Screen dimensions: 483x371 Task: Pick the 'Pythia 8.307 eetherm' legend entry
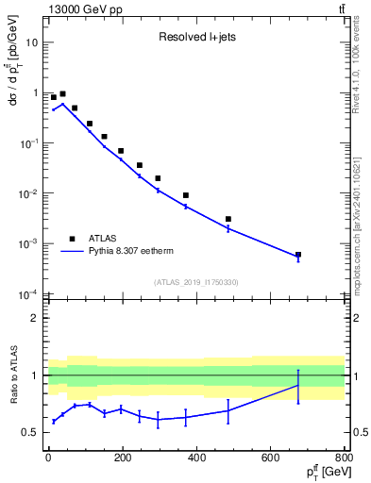point(139,252)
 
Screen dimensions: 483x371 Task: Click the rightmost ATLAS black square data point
point(298,255)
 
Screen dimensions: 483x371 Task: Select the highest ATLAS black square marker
point(62,94)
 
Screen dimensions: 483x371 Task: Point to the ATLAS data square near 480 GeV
point(228,219)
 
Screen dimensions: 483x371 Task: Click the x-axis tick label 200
point(122,459)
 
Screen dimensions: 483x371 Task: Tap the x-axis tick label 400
point(196,459)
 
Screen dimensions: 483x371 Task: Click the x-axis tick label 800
point(344,459)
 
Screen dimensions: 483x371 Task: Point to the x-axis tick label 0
point(48,459)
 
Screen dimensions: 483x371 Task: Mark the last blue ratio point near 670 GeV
point(298,385)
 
